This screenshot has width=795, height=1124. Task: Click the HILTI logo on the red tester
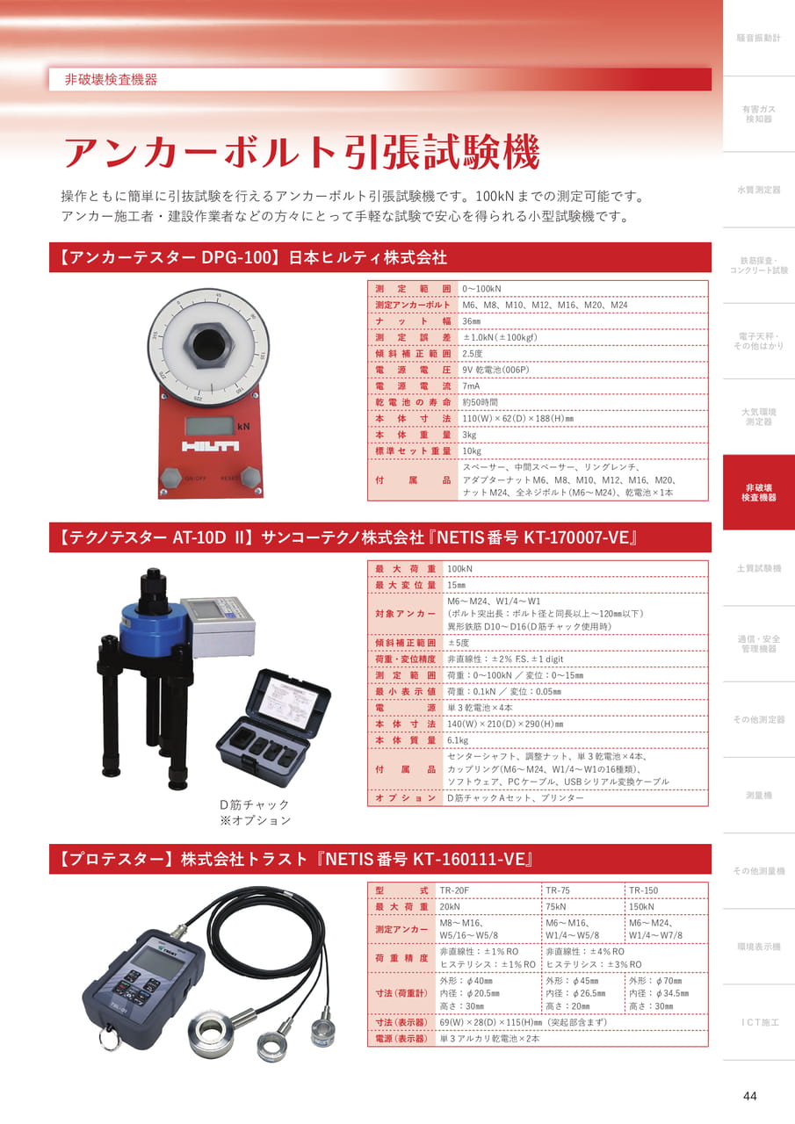coord(210,446)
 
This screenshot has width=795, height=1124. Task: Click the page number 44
coord(749,1096)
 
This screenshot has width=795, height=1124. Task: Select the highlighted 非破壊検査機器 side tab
coord(758,493)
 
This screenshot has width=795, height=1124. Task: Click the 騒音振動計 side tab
coord(758,38)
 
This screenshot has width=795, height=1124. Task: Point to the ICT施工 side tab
coord(758,1022)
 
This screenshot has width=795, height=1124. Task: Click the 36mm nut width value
coord(471,321)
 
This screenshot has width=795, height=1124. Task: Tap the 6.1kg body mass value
coord(458,740)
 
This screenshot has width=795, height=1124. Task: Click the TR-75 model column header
coord(558,890)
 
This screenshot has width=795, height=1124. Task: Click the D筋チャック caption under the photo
coord(255,804)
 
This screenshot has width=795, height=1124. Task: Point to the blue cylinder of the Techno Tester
coord(152,626)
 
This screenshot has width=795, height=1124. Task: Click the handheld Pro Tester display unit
coord(143,988)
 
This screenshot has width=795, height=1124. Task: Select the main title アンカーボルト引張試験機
coord(301,152)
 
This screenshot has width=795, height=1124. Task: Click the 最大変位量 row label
coord(405,585)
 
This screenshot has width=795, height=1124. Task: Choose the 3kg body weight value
coord(469,435)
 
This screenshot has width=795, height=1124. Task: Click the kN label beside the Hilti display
coord(243,427)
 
